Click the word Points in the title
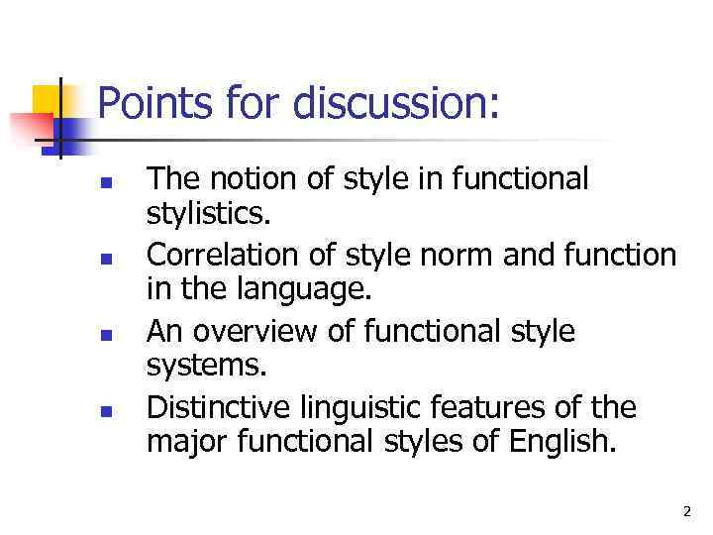pyautogui.click(x=150, y=104)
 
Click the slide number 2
pyautogui.click(x=686, y=511)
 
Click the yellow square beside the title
pyautogui.click(x=47, y=101)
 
